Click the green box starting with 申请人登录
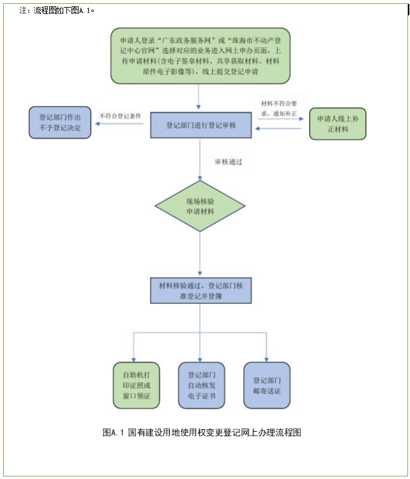point(200,56)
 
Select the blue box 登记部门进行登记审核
point(201,125)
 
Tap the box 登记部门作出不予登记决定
point(60,123)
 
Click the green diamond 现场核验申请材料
point(201,206)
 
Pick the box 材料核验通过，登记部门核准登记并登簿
point(201,291)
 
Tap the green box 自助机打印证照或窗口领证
point(132,385)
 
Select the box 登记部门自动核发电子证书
point(201,385)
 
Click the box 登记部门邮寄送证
point(267,385)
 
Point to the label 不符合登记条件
point(119,116)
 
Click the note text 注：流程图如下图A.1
point(57,11)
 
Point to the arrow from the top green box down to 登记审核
point(200,98)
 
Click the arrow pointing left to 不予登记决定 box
point(121,125)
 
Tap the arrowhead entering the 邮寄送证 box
point(267,358)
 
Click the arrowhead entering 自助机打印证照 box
point(133,358)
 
